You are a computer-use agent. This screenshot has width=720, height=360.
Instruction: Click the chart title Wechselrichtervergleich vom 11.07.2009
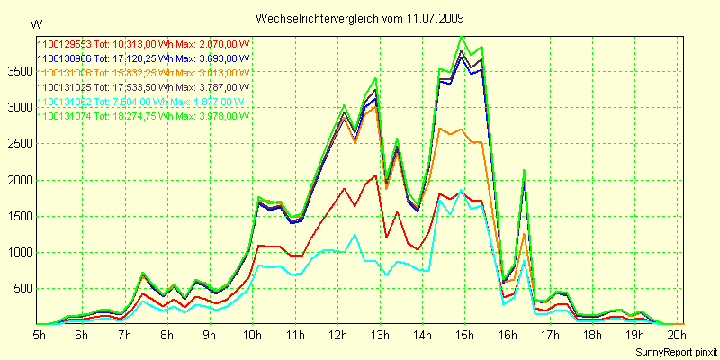pyautogui.click(x=360, y=18)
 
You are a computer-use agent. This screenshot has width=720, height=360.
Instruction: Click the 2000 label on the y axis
pyautogui.click(x=19, y=180)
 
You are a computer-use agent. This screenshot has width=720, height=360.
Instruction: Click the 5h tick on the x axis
pyautogui.click(x=40, y=335)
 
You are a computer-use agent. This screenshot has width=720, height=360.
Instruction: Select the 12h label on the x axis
pyautogui.click(x=338, y=335)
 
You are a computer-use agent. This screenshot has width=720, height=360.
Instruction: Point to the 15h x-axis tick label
pyautogui.click(x=466, y=335)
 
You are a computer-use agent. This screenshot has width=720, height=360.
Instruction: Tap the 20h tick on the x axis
pyautogui.click(x=679, y=335)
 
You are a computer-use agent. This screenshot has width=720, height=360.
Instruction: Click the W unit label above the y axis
pyautogui.click(x=35, y=23)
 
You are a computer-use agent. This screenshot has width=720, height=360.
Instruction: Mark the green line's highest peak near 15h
pyautogui.click(x=462, y=37)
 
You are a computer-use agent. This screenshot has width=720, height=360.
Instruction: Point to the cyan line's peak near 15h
pyautogui.click(x=462, y=192)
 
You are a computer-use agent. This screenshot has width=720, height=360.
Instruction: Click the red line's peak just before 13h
pyautogui.click(x=375, y=175)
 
